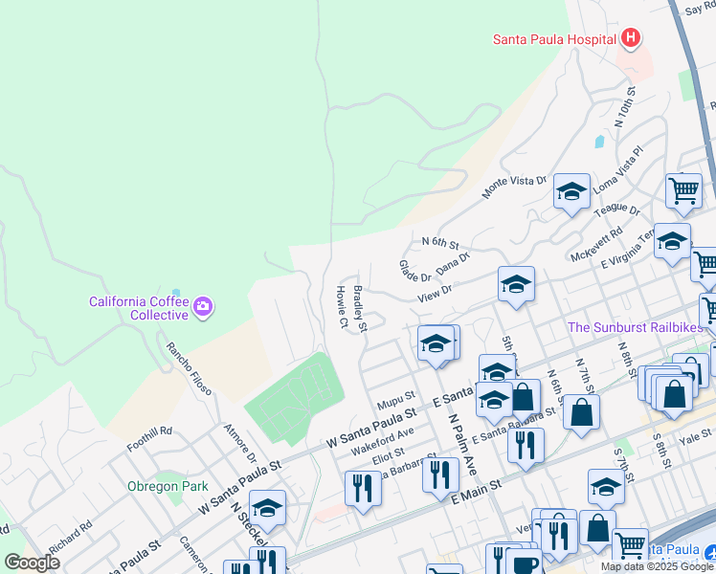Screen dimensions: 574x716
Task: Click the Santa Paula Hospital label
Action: (x=553, y=39)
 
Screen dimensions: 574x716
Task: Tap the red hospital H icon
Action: (x=630, y=38)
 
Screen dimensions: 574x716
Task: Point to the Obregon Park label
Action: (x=168, y=486)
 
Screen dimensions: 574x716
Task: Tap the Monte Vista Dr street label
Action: (x=514, y=187)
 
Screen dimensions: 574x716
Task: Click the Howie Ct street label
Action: (x=341, y=306)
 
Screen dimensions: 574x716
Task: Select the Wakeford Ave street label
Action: (x=382, y=440)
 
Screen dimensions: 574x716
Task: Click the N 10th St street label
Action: (x=625, y=111)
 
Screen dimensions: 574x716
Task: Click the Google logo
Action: (x=32, y=563)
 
